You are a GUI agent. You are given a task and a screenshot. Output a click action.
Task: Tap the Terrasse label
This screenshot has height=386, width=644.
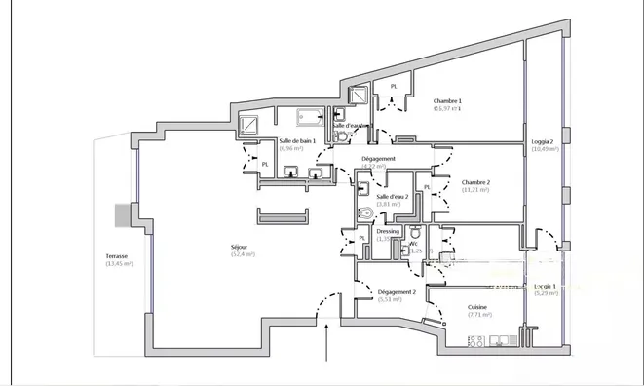click(117, 256)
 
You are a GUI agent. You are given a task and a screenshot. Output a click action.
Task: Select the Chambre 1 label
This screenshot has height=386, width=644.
click(447, 101)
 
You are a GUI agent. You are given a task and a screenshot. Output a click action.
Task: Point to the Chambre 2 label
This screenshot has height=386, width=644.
click(475, 182)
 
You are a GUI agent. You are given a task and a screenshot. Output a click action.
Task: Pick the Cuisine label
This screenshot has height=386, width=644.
click(477, 308)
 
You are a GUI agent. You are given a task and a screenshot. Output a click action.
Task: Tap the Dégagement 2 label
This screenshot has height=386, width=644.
click(397, 292)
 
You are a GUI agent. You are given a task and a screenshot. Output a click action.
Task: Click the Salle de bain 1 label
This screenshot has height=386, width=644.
click(297, 141)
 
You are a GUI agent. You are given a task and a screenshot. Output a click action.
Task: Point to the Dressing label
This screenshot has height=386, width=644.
click(388, 231)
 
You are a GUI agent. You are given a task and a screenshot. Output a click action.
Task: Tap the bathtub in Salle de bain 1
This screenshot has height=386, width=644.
click(312, 117)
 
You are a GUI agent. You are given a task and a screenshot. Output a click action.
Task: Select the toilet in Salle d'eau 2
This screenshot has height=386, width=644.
click(364, 214)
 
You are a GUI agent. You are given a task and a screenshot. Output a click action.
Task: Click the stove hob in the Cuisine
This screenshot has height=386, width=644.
click(476, 340)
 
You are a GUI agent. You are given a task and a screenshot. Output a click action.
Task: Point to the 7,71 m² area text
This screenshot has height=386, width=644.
click(478, 315)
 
